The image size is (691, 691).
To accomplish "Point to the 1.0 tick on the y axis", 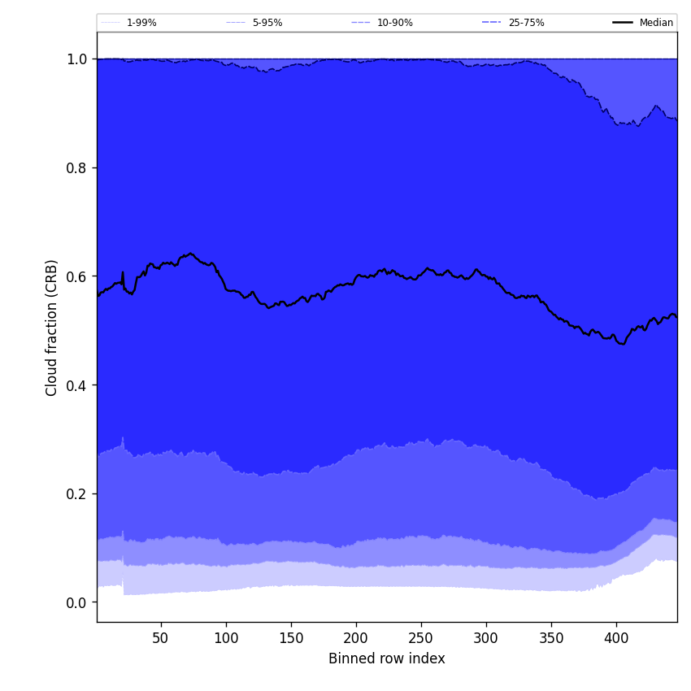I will (77, 59).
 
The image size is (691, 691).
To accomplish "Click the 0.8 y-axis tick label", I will (77, 168).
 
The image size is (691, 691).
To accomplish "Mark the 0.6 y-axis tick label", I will (77, 276).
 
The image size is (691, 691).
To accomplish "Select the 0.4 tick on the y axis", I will (77, 385).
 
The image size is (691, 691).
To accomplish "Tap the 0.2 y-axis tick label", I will (77, 494).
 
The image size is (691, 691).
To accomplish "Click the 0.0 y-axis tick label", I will (77, 602).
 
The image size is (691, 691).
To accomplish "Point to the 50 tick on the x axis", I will (161, 639).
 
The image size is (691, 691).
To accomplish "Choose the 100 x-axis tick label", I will (226, 639).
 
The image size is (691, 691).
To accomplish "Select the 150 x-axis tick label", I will (291, 639).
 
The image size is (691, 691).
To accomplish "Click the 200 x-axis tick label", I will (356, 639).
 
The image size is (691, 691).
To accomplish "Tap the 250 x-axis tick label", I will (421, 639).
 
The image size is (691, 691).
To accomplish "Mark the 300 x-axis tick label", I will (486, 639).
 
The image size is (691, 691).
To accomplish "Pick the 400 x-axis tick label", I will (616, 639).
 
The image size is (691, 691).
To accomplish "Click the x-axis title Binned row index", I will (387, 659).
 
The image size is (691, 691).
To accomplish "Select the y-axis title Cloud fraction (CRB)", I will (52, 328).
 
